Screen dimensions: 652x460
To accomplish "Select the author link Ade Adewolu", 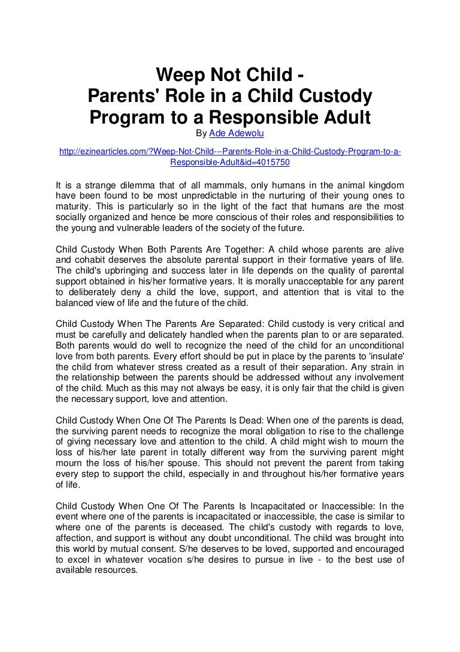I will coord(232,132).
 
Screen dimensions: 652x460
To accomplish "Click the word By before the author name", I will coord(202,132).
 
